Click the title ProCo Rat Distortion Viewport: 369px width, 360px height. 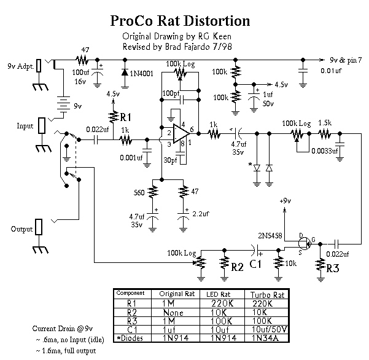tap(180, 20)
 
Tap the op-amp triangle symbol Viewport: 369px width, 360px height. tap(178, 136)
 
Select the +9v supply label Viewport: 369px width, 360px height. tap(284, 201)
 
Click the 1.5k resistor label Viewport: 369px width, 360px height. tap(325, 123)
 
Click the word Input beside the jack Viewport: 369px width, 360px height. tap(25, 126)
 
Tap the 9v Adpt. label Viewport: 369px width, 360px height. tap(20, 66)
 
